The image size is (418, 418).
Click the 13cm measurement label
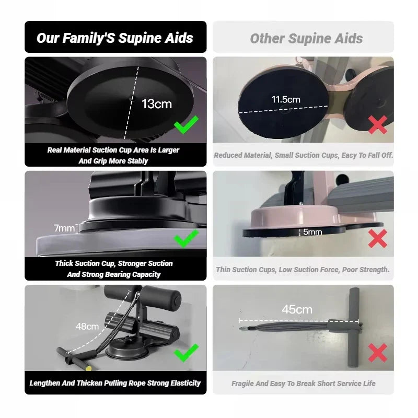[156, 103]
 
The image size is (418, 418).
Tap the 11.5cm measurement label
[285, 99]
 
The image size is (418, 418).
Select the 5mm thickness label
[312, 231]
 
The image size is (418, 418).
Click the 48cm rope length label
[87, 327]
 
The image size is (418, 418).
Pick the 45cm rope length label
[297, 309]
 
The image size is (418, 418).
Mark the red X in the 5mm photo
[378, 239]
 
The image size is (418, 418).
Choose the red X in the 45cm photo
[378, 353]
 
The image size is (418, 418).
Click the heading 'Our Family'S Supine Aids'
[115, 38]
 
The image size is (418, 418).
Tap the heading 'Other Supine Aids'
[306, 38]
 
